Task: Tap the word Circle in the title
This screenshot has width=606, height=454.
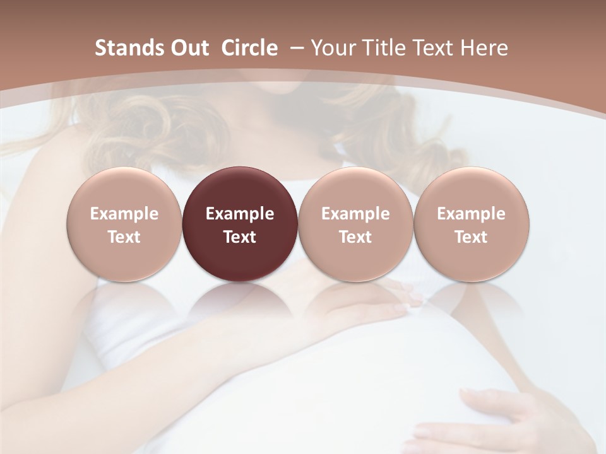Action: (x=249, y=48)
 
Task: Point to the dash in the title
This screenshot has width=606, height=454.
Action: (x=295, y=49)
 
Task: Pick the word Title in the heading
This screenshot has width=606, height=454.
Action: (x=384, y=48)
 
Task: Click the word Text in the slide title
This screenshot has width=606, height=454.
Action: (x=435, y=48)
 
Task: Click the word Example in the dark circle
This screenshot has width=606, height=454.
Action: (x=240, y=214)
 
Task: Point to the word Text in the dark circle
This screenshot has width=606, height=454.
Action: (x=240, y=237)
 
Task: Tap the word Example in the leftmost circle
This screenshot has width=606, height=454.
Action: (x=124, y=214)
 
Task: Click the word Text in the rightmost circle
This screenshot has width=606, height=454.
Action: (x=472, y=237)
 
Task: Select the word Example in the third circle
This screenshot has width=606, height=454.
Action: (x=355, y=214)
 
